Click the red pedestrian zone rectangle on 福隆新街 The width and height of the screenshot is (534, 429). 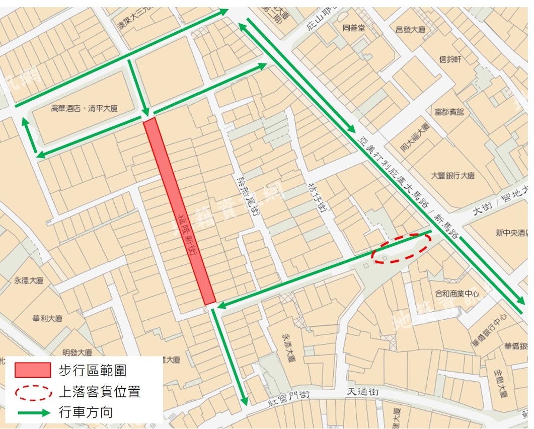pos(180,211)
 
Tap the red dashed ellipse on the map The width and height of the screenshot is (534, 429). pos(401,247)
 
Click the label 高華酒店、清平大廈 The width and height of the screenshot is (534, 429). pos(85,108)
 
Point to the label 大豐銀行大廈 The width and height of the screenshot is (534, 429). pos(453,176)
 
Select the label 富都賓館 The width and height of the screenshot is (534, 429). pos(449,111)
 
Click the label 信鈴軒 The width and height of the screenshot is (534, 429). pos(450,59)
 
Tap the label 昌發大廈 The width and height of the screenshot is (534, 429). pos(411,30)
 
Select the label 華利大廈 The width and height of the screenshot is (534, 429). pos(47,319)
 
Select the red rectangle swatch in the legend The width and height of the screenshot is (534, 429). pos(33,370)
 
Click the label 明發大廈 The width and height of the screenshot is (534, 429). pos(77,352)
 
